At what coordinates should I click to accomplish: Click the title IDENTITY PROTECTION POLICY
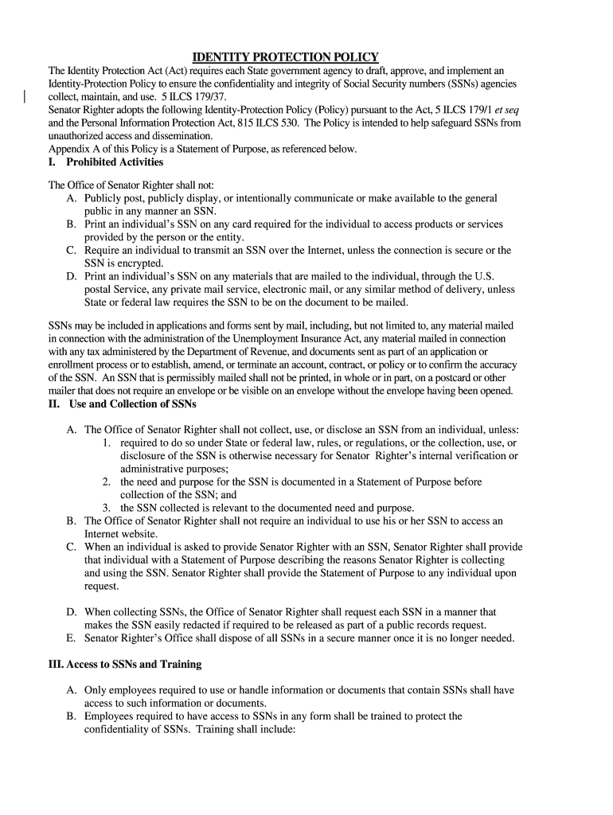point(286,57)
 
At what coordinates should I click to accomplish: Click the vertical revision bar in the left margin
point(25,97)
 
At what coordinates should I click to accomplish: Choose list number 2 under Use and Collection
point(106,482)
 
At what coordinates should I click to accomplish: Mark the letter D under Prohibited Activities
point(72,276)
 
